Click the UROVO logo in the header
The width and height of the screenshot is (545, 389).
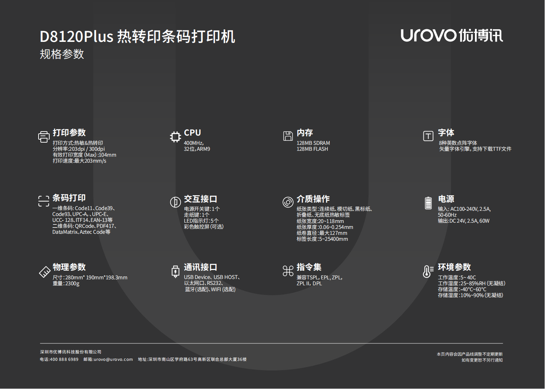pyautogui.click(x=452, y=36)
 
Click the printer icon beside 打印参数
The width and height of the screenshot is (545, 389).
pyautogui.click(x=44, y=137)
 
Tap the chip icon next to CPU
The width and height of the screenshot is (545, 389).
pyautogui.click(x=175, y=137)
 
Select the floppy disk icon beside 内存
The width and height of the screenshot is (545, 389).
pyautogui.click(x=288, y=136)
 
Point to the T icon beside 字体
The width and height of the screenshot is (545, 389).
pyautogui.click(x=428, y=136)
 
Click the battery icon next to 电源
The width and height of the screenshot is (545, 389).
pyautogui.click(x=428, y=203)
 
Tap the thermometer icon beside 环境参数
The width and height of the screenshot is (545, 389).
pyautogui.click(x=427, y=271)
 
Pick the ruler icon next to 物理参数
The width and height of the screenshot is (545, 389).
pyautogui.click(x=45, y=272)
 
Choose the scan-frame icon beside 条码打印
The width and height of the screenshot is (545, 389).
pyautogui.click(x=44, y=201)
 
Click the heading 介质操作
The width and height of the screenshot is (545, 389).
pyautogui.click(x=313, y=199)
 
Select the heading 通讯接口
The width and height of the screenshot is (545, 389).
pyautogui.click(x=200, y=267)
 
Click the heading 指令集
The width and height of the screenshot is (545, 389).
pyautogui.click(x=309, y=267)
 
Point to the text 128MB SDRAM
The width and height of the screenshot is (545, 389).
pyautogui.click(x=313, y=143)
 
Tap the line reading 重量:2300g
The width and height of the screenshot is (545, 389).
pyautogui.click(x=66, y=283)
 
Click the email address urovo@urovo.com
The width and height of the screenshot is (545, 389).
pyautogui.click(x=113, y=359)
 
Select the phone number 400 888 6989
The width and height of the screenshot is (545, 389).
pyautogui.click(x=64, y=359)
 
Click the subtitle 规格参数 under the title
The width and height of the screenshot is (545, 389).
pyautogui.click(x=62, y=54)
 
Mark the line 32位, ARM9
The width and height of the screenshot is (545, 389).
pyautogui.click(x=197, y=149)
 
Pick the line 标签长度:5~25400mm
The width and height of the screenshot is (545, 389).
pyautogui.click(x=322, y=239)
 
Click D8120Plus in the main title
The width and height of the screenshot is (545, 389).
pyautogui.click(x=76, y=37)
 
